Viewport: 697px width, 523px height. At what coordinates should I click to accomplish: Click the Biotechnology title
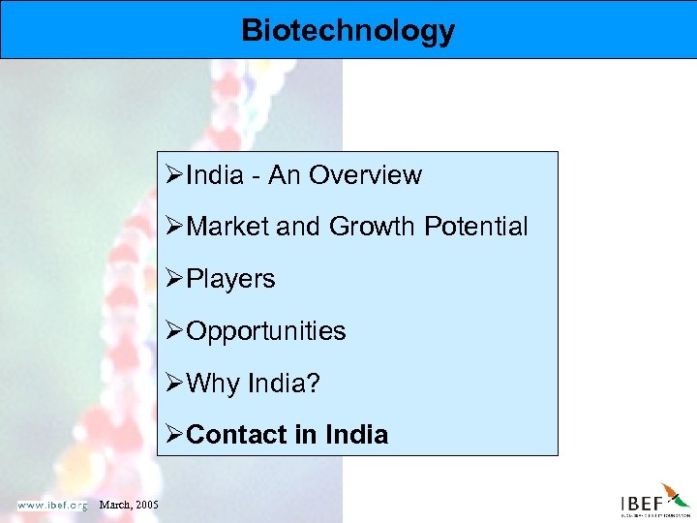click(x=348, y=30)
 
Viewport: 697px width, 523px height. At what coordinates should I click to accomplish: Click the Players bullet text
click(x=230, y=279)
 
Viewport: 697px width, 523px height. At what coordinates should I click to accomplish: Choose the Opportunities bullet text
click(x=265, y=331)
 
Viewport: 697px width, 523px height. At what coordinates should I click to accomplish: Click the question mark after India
click(x=312, y=384)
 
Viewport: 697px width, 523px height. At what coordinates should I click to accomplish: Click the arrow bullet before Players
click(x=175, y=279)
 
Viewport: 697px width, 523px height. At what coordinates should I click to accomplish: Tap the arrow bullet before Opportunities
click(x=175, y=331)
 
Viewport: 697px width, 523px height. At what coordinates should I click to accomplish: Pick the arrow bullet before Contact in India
click(x=175, y=435)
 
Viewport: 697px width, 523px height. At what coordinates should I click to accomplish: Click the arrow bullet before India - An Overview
click(x=175, y=175)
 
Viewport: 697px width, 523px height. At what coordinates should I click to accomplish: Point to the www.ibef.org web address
click(x=52, y=505)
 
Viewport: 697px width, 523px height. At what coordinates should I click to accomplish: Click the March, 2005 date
click(x=130, y=505)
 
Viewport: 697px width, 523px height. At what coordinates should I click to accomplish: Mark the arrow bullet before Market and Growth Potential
click(x=175, y=227)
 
